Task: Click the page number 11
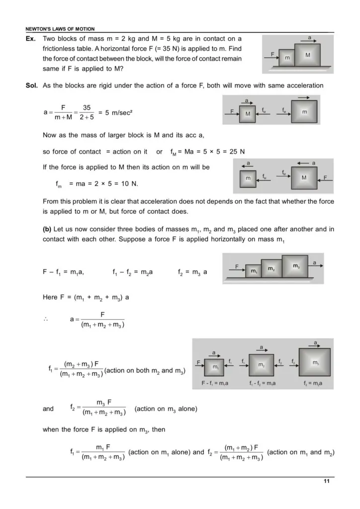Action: click(326, 481)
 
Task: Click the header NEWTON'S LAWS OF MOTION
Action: click(60, 29)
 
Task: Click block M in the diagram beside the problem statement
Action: click(308, 56)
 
